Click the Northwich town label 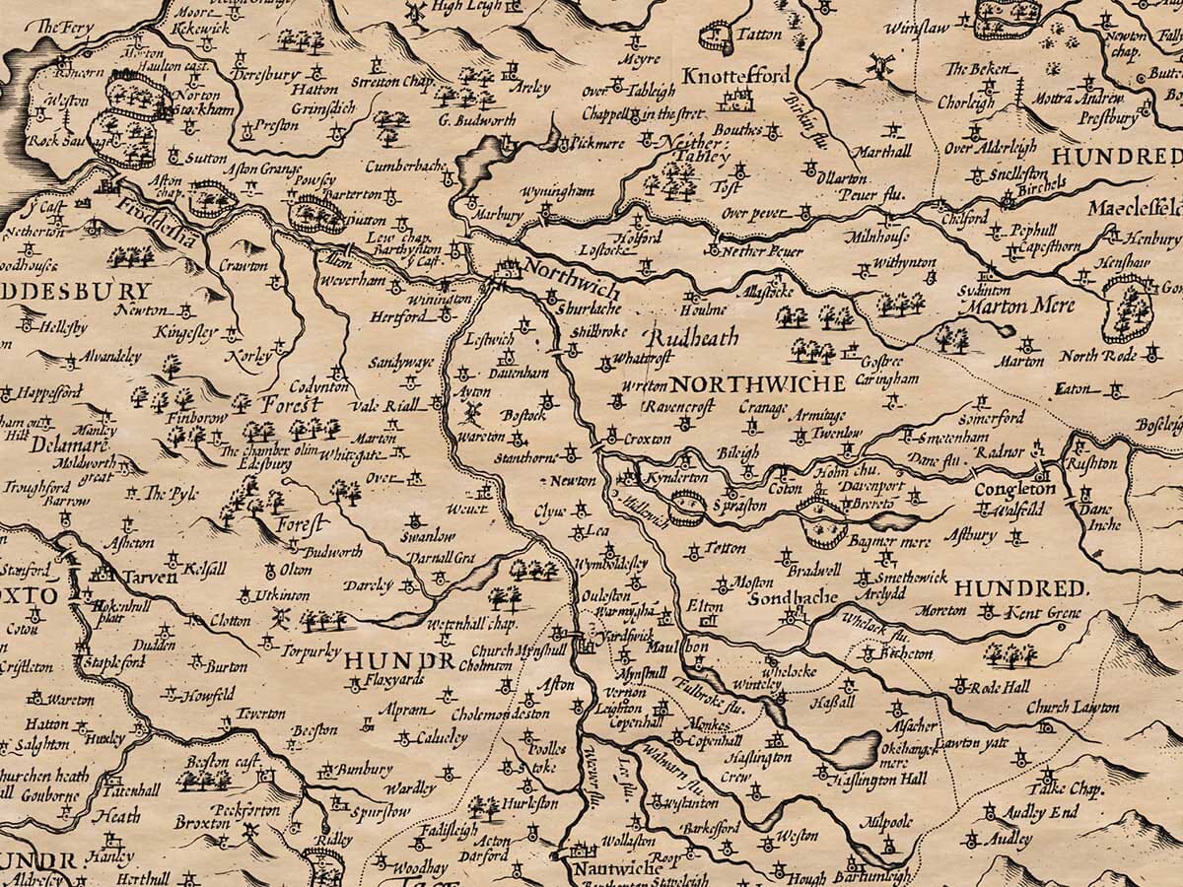click(573, 280)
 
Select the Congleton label click(1014, 490)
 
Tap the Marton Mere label click(1025, 307)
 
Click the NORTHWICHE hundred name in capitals click(759, 383)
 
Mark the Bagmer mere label click(881, 541)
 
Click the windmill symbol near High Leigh click(415, 12)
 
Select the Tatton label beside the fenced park click(759, 34)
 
